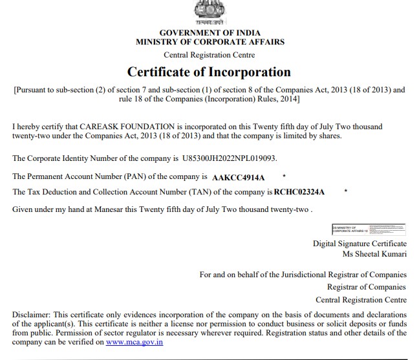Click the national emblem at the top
pyautogui.click(x=209, y=12)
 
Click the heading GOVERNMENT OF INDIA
pyautogui.click(x=209, y=32)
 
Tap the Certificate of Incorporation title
pyautogui.click(x=209, y=72)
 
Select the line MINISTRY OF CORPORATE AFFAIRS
pyautogui.click(x=209, y=42)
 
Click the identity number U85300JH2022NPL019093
pyautogui.click(x=233, y=158)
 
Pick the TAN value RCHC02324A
pyautogui.click(x=299, y=192)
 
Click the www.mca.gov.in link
pyautogui.click(x=134, y=342)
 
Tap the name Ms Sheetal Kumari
pyautogui.click(x=374, y=254)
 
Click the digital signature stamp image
pyautogui.click(x=368, y=229)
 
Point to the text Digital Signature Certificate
pyautogui.click(x=360, y=244)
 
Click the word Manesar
pyautogui.click(x=103, y=209)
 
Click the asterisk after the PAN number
pyautogui.click(x=285, y=176)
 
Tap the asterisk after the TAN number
pyautogui.click(x=347, y=191)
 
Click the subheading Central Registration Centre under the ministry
pyautogui.click(x=209, y=55)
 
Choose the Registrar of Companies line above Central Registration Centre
pyautogui.click(x=367, y=287)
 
